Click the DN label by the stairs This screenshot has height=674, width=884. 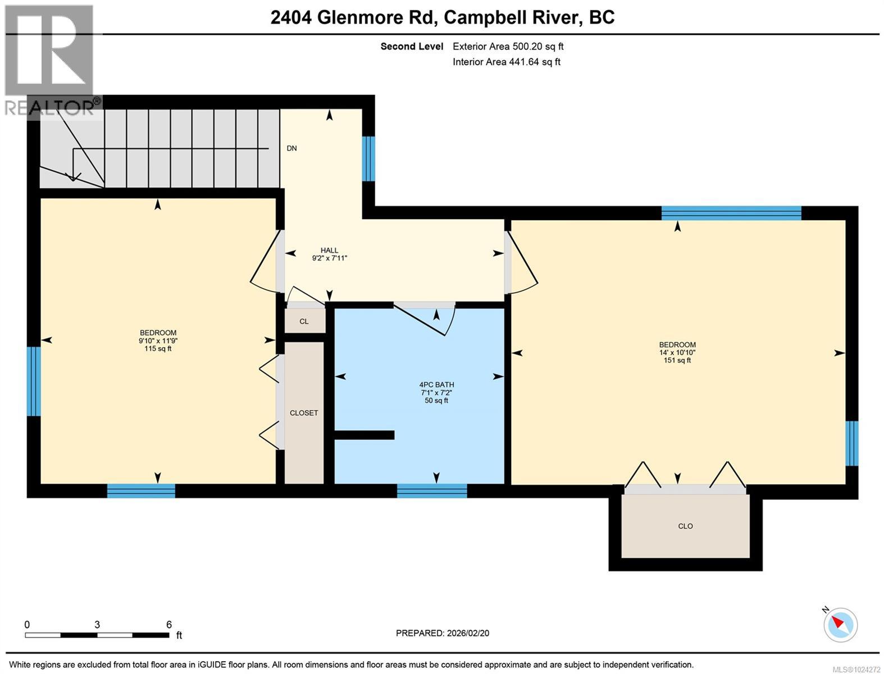coord(291,148)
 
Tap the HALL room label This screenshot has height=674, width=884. coord(329,251)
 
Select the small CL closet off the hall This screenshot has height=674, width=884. coord(304,321)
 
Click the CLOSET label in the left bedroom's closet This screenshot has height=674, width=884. coord(304,413)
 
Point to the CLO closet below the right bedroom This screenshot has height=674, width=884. coord(685,526)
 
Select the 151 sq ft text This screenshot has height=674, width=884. coord(677,361)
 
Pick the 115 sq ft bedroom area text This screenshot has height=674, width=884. coord(158,349)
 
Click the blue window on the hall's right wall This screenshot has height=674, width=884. coord(368,159)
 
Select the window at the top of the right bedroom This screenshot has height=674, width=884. coord(731,213)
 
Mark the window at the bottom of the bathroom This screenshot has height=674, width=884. coord(432,491)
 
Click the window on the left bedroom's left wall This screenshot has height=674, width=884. coord(34,381)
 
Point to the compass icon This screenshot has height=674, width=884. coord(841,625)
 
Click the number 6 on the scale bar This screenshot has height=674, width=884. coord(169,625)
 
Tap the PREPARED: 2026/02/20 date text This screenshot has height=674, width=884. coord(442,633)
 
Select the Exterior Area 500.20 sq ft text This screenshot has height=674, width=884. coord(508,47)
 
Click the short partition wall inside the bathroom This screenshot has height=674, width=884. coord(364,435)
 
